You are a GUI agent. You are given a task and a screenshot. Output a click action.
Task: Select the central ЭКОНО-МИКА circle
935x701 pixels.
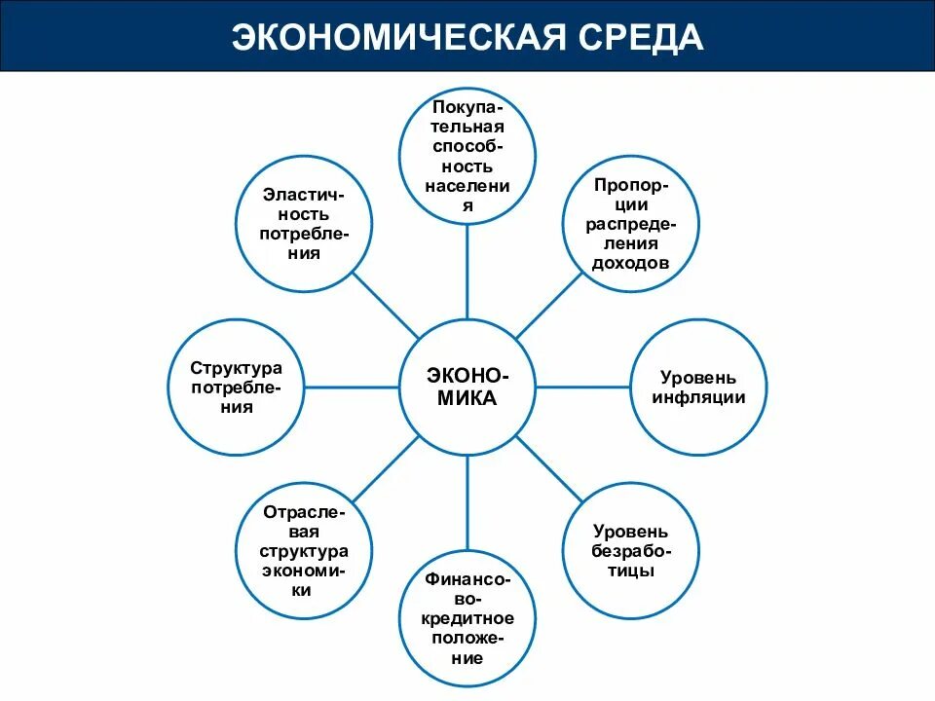[x=467, y=387]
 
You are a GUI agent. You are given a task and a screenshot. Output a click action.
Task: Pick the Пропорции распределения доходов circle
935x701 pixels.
[x=632, y=223]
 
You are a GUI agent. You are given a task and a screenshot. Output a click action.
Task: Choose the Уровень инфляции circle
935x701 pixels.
[x=699, y=387]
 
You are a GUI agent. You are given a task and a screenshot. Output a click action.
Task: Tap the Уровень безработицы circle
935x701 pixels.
[x=632, y=551]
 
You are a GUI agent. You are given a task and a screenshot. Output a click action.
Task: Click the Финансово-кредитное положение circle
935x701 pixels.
[x=467, y=619]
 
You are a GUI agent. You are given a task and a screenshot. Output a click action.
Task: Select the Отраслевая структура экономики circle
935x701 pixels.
[x=303, y=551]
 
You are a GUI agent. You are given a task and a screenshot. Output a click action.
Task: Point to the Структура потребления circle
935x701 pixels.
[x=236, y=387]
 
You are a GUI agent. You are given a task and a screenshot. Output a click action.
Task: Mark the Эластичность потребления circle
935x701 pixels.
[x=303, y=223]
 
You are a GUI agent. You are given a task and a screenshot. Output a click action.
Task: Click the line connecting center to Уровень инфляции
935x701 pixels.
[x=583, y=387]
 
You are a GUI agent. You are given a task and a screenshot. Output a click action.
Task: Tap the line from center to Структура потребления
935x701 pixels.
[x=352, y=387]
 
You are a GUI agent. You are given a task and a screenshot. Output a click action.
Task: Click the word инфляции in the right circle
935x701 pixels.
[x=699, y=397]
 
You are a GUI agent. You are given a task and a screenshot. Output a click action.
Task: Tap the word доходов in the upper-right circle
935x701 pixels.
[x=632, y=263]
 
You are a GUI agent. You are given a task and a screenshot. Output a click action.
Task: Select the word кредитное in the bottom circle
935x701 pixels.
[x=467, y=618]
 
